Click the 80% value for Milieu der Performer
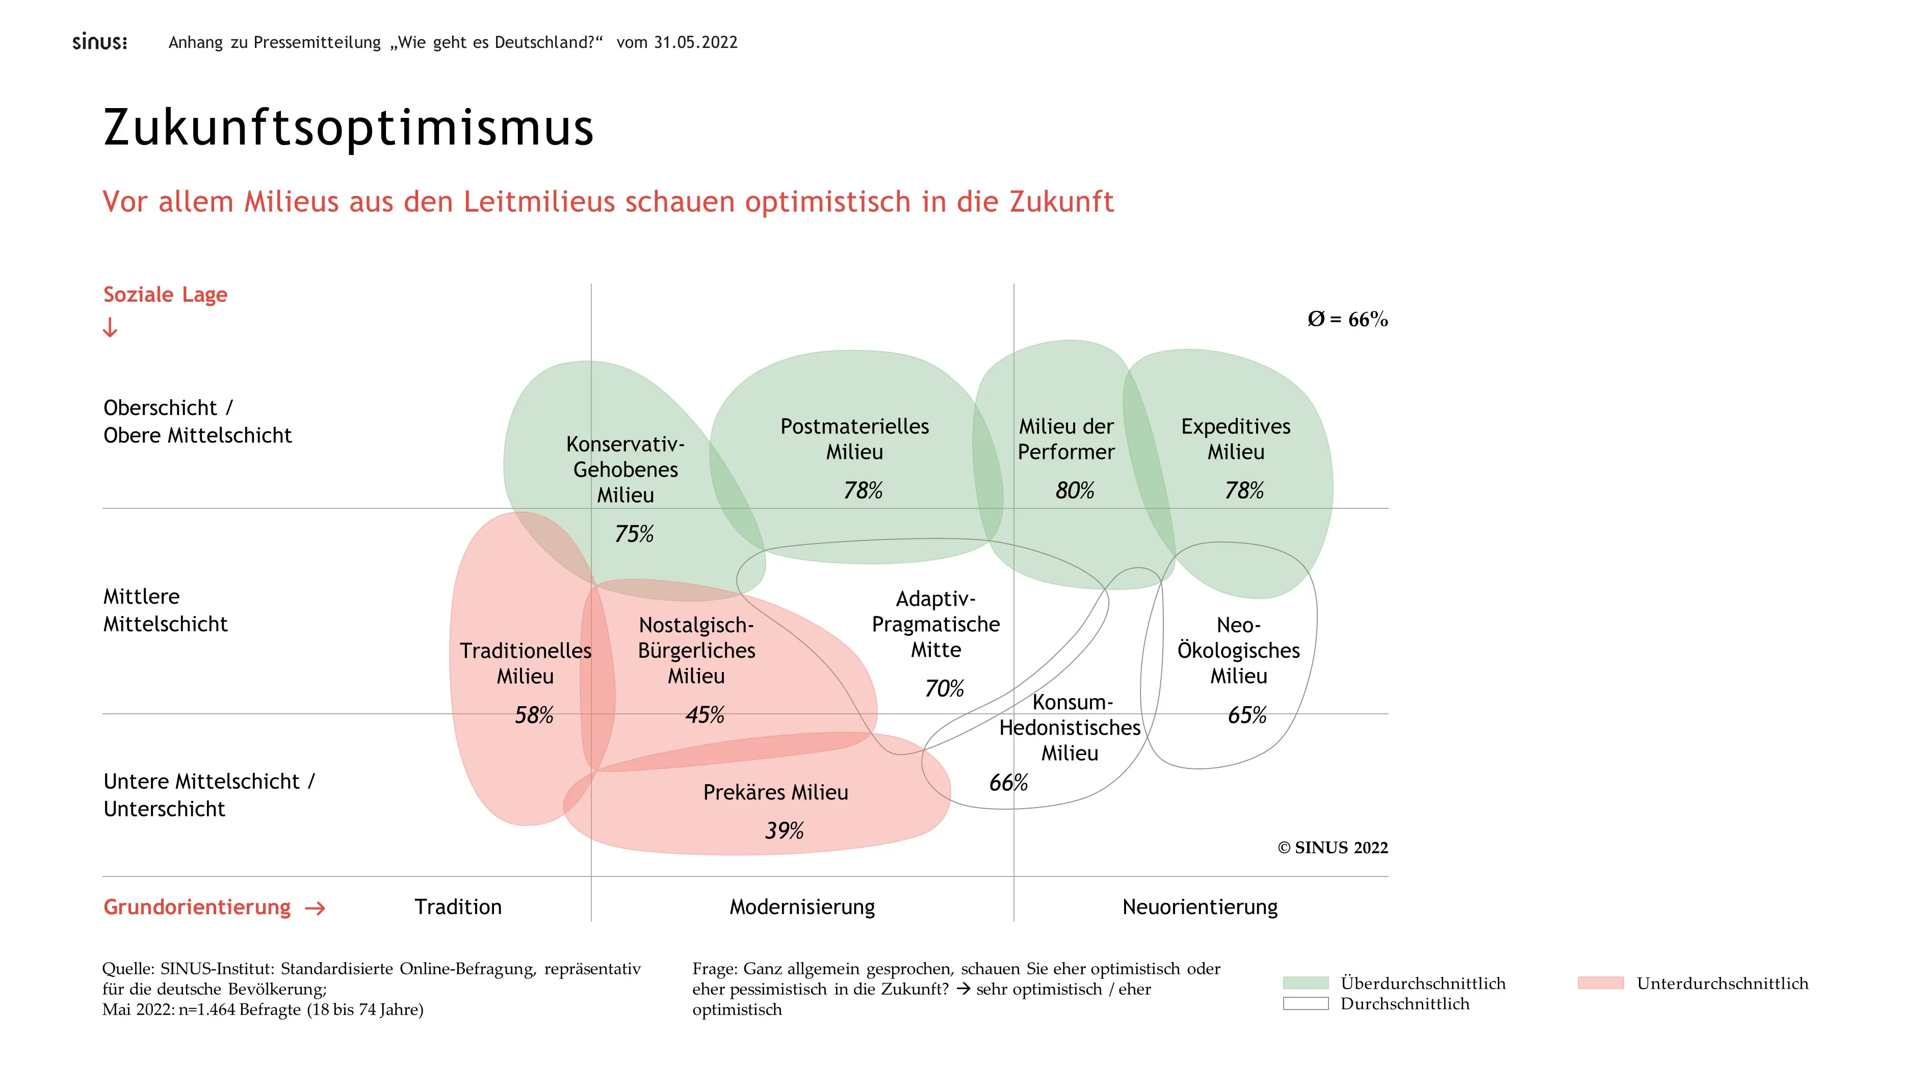[1074, 491]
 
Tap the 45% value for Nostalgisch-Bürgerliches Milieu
[705, 715]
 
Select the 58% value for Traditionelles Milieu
[533, 715]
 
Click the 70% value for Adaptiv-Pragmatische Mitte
[944, 688]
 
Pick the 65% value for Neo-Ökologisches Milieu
[1247, 715]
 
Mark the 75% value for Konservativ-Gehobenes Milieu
[634, 534]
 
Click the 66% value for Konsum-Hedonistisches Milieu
[1008, 783]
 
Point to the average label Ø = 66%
[1347, 320]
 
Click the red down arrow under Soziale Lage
[110, 328]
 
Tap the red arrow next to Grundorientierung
[315, 908]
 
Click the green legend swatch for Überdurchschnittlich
[1306, 983]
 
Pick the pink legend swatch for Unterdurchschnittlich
[1600, 983]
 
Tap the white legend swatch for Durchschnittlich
[1306, 1004]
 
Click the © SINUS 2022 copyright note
[1332, 847]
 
